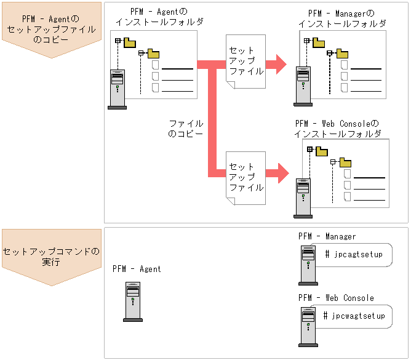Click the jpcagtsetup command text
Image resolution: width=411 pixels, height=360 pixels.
click(353, 254)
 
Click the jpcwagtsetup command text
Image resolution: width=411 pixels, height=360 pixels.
click(354, 316)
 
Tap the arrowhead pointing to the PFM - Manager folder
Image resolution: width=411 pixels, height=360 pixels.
click(281, 63)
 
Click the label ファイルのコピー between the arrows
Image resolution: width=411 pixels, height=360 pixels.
click(185, 128)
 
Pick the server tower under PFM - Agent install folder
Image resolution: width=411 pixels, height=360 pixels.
click(117, 89)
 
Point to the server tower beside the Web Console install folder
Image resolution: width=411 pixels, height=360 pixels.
click(302, 198)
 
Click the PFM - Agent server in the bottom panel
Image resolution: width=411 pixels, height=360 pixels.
click(132, 302)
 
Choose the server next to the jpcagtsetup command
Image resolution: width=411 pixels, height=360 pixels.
click(307, 265)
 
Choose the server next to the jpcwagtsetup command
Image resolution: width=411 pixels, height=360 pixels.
click(307, 326)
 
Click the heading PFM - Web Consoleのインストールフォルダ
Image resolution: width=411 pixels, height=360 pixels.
click(337, 129)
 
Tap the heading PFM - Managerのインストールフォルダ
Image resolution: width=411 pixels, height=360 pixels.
click(342, 18)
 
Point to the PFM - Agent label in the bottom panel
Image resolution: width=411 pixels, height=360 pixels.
click(137, 269)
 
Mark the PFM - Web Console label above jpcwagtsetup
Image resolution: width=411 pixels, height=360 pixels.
click(336, 298)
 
